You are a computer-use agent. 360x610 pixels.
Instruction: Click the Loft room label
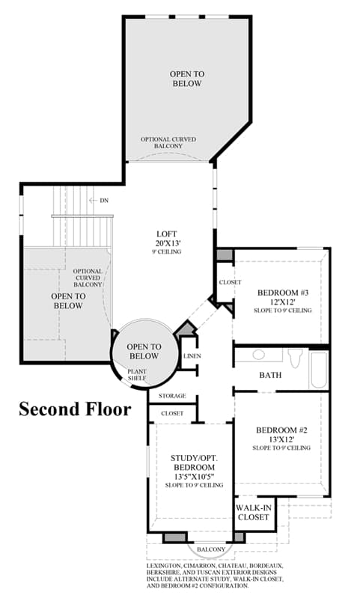click(x=167, y=234)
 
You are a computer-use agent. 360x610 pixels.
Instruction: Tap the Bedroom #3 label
click(x=283, y=293)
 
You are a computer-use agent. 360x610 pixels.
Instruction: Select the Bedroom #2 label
click(x=281, y=430)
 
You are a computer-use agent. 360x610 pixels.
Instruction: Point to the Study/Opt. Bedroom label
click(x=194, y=463)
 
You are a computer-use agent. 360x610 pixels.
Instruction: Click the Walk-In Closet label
click(x=254, y=513)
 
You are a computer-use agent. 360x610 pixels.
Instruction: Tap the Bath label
click(x=270, y=375)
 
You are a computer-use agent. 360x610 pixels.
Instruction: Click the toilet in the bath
click(x=295, y=357)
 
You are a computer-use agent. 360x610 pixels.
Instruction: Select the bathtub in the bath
click(x=319, y=370)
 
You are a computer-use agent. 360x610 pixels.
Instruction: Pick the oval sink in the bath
click(x=259, y=355)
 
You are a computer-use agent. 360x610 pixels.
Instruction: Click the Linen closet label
click(x=192, y=356)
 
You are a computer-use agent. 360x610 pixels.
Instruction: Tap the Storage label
click(x=172, y=396)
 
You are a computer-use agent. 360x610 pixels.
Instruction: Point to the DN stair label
click(x=104, y=201)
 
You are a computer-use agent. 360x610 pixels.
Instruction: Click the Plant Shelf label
click(x=137, y=375)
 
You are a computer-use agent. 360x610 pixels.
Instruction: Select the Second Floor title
click(x=75, y=409)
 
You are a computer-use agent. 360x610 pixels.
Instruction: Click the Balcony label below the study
click(x=210, y=549)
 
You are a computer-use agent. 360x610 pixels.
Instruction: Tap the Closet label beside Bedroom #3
click(x=230, y=282)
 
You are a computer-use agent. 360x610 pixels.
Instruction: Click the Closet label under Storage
click(x=172, y=414)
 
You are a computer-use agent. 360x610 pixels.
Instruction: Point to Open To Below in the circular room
click(x=144, y=351)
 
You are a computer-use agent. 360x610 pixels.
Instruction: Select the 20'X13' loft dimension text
click(x=167, y=243)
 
